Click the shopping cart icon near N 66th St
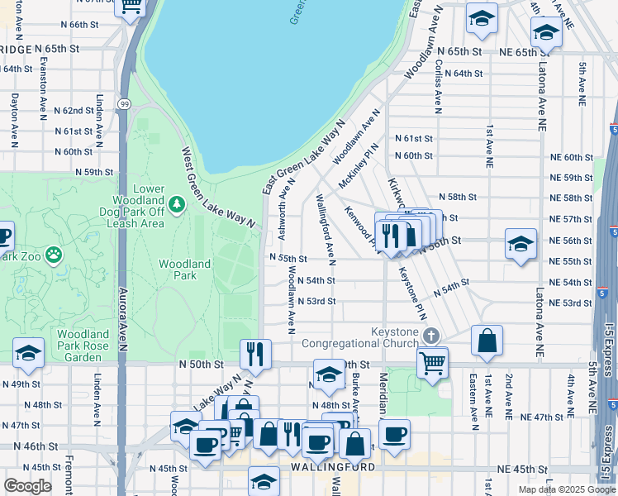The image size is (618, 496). coord(131,7)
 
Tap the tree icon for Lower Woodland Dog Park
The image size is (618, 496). coord(176,203)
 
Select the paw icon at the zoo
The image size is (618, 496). coord(55,255)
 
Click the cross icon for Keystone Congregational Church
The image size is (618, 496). coord(430,335)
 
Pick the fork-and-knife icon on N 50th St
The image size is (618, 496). coord(256,354)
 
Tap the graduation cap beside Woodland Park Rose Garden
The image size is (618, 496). coord(28,353)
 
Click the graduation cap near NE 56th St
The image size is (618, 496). coord(521,244)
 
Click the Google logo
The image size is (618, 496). coord(27,486)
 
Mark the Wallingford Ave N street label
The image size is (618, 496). coord(325,230)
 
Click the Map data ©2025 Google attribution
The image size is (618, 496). coord(566,489)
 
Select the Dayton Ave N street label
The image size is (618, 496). coord(14,120)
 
